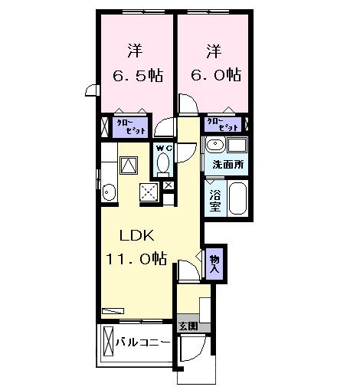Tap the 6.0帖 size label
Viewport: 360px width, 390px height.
point(214,75)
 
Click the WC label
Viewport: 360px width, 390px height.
point(162,147)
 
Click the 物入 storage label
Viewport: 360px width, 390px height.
point(215,264)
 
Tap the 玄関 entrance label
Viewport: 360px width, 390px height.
point(188,326)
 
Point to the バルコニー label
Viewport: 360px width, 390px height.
point(143,342)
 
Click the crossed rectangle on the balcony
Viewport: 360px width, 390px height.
point(108,341)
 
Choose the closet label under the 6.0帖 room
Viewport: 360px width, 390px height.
point(223,124)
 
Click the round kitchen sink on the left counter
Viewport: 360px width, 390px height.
point(108,192)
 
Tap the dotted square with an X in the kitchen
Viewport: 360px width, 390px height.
point(149,192)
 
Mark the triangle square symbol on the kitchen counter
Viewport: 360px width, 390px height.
point(128,164)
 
